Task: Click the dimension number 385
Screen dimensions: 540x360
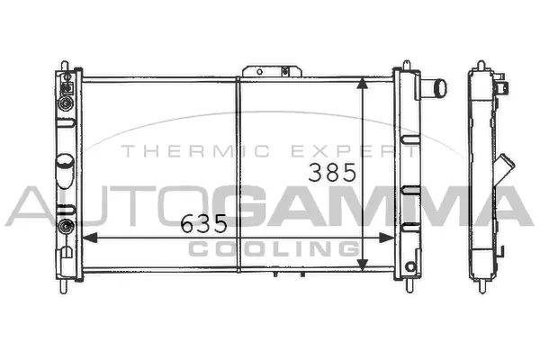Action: tap(332, 172)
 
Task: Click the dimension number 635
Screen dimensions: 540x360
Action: tap(204, 223)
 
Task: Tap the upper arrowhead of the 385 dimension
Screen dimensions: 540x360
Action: tap(362, 84)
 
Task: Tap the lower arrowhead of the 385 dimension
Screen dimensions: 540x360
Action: tap(362, 265)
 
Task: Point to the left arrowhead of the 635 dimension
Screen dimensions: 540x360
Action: tap(89, 238)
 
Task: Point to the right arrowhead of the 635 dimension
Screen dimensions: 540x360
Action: tap(386, 238)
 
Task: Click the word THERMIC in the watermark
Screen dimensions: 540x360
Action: tap(195, 151)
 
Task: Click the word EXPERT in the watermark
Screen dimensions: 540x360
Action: tap(354, 151)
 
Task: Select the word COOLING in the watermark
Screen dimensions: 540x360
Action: tap(274, 248)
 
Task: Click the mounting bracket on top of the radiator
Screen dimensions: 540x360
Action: tap(272, 71)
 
